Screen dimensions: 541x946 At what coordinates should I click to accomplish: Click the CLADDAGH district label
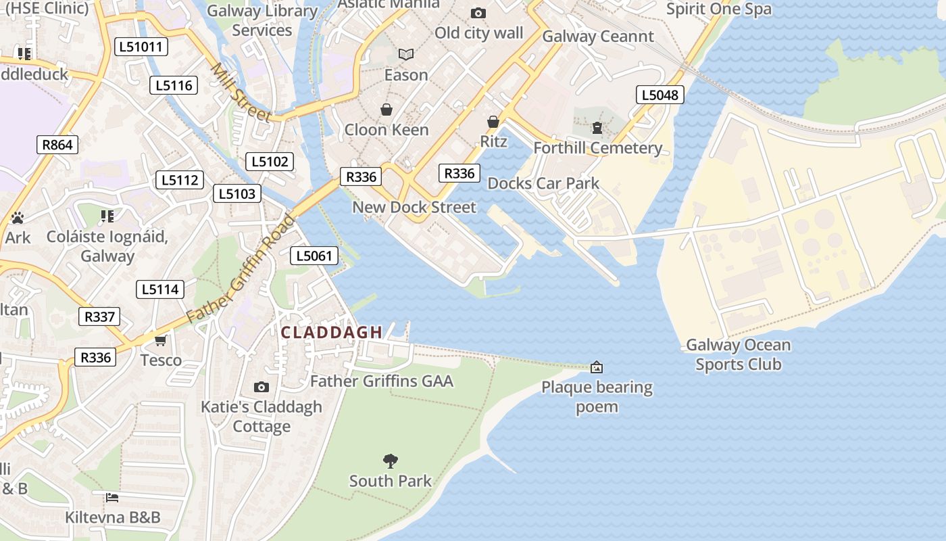(x=331, y=332)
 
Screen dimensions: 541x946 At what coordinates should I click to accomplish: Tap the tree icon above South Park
(x=391, y=461)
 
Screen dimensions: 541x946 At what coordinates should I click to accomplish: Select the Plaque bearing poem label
(x=597, y=397)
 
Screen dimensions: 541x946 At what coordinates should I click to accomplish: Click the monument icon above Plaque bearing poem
(x=597, y=367)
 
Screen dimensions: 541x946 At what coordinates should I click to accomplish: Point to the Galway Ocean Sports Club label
(x=738, y=354)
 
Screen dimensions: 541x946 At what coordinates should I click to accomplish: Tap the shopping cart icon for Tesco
(x=161, y=340)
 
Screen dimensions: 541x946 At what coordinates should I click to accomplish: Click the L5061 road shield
(x=314, y=256)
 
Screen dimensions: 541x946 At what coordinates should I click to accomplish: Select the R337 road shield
(x=99, y=316)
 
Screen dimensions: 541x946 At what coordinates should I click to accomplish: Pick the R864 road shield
(x=57, y=144)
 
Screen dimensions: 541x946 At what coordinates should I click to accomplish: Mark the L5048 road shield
(x=659, y=95)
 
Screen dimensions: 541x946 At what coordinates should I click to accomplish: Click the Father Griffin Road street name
(x=241, y=268)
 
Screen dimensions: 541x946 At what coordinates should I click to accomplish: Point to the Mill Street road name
(x=241, y=93)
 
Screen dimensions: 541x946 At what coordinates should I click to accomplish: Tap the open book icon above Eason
(x=406, y=54)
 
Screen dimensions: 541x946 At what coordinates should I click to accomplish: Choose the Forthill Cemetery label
(x=597, y=147)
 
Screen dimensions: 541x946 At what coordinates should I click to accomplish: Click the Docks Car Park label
(x=543, y=183)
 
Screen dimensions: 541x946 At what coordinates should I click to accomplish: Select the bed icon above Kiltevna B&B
(x=112, y=498)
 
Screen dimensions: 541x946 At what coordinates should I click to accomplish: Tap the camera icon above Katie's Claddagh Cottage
(x=262, y=387)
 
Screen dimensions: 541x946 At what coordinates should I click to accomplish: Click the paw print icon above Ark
(x=18, y=218)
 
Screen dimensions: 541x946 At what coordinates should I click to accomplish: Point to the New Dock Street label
(x=414, y=207)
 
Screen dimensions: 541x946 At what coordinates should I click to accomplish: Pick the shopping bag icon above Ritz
(x=493, y=122)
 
